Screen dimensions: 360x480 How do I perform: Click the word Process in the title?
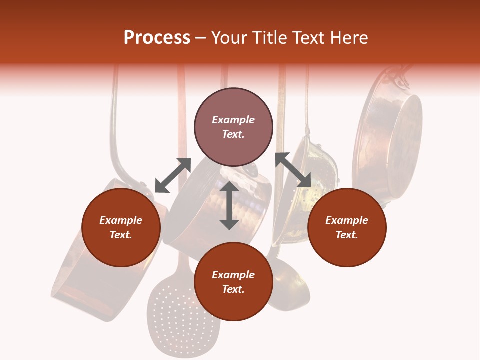pyautogui.click(x=157, y=38)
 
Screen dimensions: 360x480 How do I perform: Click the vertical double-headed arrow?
pyautogui.click(x=229, y=205)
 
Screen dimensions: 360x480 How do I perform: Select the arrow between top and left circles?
pyautogui.click(x=173, y=175)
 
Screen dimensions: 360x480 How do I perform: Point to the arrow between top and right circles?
pyautogui.click(x=293, y=170)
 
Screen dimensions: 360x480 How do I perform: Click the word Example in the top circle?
pyautogui.click(x=233, y=120)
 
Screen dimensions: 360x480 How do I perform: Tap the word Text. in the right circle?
pyautogui.click(x=347, y=235)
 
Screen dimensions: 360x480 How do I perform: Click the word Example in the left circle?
pyautogui.click(x=121, y=220)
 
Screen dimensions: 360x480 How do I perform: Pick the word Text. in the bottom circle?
pyautogui.click(x=233, y=289)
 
